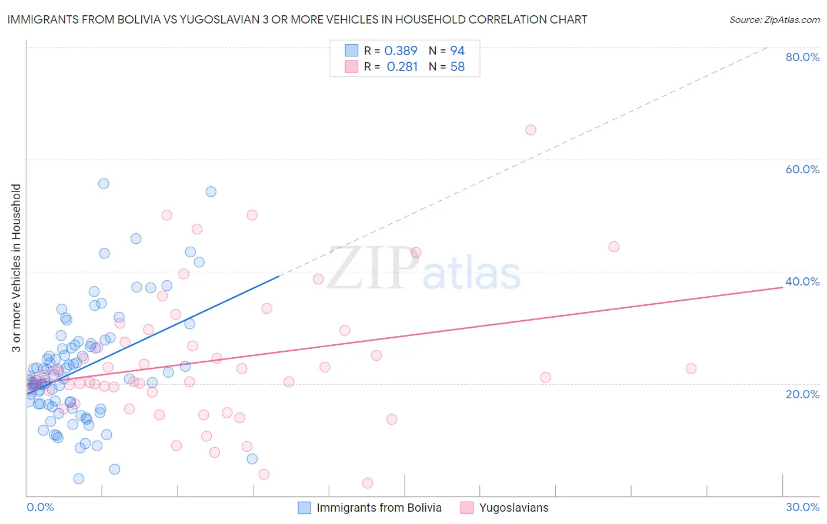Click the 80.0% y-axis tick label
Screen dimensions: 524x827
point(802,57)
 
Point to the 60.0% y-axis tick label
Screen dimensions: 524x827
point(802,169)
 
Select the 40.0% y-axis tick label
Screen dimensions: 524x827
point(802,281)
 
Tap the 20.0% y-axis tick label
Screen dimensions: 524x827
point(802,394)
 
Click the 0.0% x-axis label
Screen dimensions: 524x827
point(40,507)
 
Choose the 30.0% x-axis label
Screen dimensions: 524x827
point(802,507)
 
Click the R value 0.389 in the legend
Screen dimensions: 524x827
point(401,51)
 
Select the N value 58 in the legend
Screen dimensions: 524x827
point(457,67)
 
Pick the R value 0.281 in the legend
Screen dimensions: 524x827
point(402,67)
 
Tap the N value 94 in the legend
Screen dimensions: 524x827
point(457,51)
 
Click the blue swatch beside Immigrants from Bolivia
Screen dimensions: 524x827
point(304,508)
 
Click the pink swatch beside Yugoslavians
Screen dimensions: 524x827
point(467,508)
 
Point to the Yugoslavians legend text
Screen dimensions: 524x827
point(513,508)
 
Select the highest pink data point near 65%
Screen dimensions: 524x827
point(531,130)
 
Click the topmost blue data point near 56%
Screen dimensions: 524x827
point(104,183)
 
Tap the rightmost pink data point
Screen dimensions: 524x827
point(691,368)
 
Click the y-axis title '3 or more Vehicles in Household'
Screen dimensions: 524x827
point(16,268)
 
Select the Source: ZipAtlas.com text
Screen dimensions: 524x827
point(774,20)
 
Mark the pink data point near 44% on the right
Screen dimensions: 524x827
point(613,247)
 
